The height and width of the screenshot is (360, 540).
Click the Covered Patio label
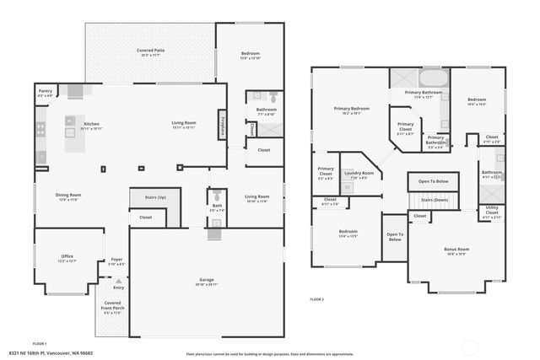(x=150, y=51)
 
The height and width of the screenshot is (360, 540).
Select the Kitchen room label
(x=92, y=124)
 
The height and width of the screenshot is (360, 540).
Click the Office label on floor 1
(x=67, y=256)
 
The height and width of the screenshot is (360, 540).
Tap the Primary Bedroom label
(x=351, y=108)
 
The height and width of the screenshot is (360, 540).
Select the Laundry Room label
(x=358, y=175)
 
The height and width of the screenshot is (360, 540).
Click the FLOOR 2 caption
(x=316, y=299)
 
